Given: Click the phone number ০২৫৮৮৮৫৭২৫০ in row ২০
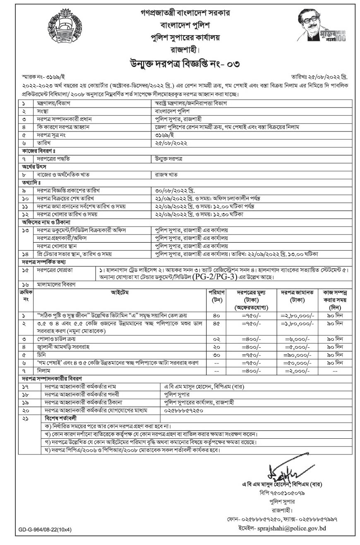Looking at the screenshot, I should coord(184,411).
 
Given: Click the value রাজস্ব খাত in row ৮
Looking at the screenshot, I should coord(166,174).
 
